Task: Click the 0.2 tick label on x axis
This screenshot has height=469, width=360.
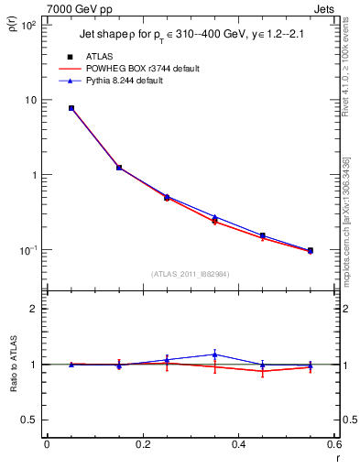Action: point(142,447)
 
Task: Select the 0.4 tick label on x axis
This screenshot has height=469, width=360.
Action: point(238,447)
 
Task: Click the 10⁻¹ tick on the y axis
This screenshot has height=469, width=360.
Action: point(27,250)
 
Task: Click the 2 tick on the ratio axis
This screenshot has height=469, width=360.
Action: point(32,309)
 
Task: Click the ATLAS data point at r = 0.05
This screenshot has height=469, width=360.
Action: point(71,108)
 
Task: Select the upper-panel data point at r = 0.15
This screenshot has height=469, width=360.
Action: point(119,168)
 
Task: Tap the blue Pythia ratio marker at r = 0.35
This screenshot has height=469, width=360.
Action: point(214,354)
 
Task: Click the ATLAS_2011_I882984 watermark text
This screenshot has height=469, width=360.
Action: point(191,273)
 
